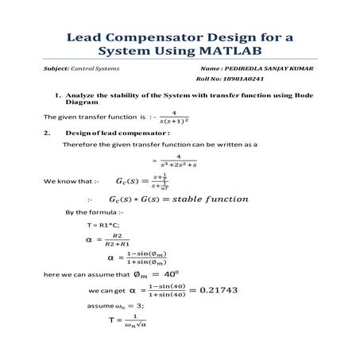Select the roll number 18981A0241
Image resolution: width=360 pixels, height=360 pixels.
pos(242,79)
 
